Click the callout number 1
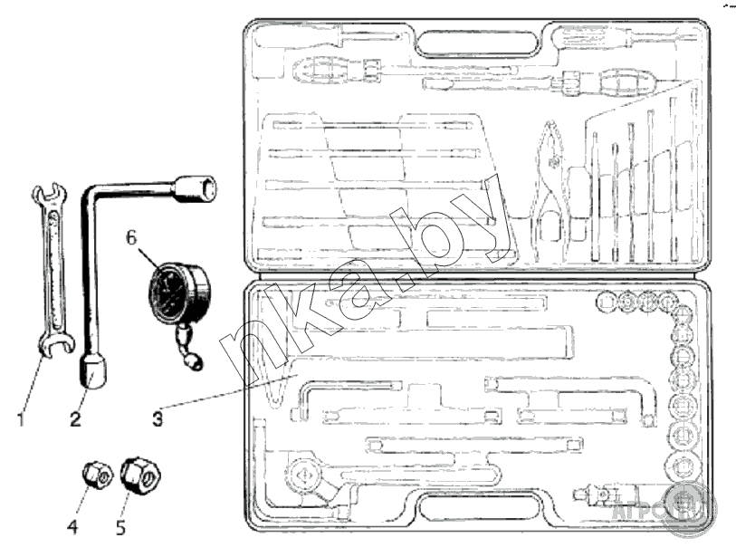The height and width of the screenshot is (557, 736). pos(20,419)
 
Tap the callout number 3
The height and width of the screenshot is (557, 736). pos(158,419)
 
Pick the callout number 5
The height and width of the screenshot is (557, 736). pos(121,523)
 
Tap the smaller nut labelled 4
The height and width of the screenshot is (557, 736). pos(94,474)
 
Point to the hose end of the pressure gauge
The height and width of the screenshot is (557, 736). pos(193,362)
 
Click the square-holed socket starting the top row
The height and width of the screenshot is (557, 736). pos(607,301)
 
